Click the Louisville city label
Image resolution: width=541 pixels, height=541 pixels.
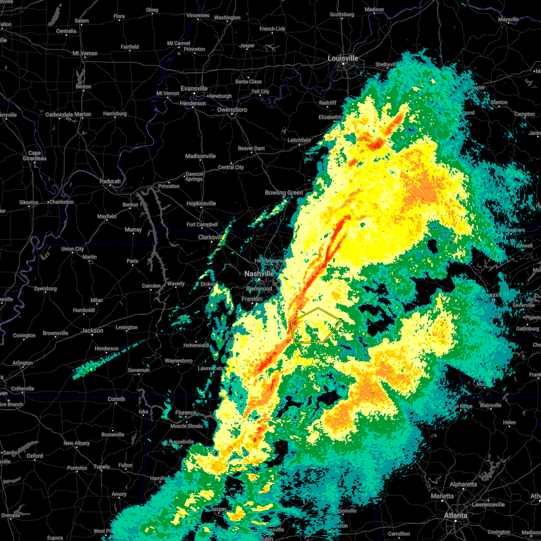point(343,59)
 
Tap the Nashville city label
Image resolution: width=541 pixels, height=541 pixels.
point(259,274)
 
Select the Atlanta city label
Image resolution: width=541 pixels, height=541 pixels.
point(455,515)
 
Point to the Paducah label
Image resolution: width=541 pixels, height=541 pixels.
point(110,181)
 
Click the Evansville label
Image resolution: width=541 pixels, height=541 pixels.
point(194,88)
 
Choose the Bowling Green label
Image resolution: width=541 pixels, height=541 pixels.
point(284,193)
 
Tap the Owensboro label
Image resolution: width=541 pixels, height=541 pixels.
point(232,110)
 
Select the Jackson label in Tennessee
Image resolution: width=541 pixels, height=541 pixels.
point(92,330)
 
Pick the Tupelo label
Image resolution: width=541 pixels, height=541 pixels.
point(102,467)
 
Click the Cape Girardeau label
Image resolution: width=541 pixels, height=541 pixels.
point(35,156)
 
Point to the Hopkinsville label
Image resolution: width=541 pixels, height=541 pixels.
point(201,203)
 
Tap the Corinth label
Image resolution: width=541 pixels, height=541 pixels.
point(116,399)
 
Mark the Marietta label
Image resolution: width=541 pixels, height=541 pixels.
point(442,496)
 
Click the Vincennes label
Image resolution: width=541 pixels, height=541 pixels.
point(198,15)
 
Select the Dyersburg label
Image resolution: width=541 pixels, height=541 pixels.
point(46,289)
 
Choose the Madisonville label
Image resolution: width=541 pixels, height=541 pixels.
point(201,156)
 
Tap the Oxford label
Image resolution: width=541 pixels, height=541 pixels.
point(35,456)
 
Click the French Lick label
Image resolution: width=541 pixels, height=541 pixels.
point(272,29)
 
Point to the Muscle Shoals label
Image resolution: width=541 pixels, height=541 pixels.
point(187,426)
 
